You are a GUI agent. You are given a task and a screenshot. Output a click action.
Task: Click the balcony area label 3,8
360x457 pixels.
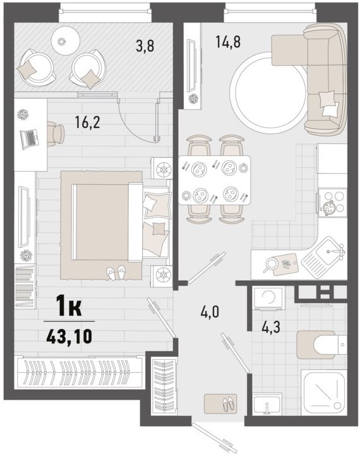(x=145, y=45)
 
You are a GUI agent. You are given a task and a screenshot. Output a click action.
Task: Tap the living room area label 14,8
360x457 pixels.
(x=228, y=42)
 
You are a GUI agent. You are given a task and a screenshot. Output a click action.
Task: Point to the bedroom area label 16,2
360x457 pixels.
(x=87, y=122)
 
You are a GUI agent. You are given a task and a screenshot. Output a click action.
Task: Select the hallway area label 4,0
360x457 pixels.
(x=210, y=312)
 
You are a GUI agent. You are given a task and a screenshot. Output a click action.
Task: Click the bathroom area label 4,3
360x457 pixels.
(x=271, y=327)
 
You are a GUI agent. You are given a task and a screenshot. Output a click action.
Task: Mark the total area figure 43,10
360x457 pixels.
(x=69, y=336)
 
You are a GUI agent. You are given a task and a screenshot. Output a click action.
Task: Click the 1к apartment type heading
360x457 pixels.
(x=69, y=306)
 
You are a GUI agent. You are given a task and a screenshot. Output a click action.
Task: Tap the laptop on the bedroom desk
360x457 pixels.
(x=28, y=139)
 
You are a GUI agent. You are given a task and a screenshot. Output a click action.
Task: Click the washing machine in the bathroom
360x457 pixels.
(x=268, y=298)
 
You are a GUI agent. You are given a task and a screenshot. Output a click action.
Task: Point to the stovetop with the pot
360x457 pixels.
(x=333, y=203)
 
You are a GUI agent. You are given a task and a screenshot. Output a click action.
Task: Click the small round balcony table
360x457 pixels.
(x=66, y=40)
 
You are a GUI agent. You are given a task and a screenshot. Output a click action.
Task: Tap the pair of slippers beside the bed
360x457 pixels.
(x=116, y=273)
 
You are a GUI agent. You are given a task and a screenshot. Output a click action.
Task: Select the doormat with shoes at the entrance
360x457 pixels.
(x=220, y=404)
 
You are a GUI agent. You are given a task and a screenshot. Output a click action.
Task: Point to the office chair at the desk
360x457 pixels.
(x=56, y=134)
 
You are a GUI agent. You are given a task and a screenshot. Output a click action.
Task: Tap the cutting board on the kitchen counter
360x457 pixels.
(x=284, y=264)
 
